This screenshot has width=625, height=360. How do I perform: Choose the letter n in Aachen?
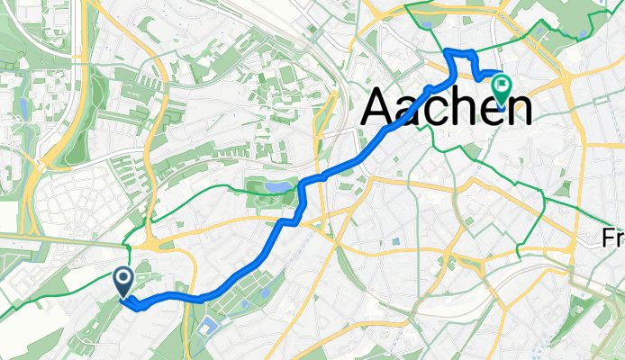tap(516, 112)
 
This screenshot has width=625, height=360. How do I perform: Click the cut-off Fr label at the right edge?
tap(614, 238)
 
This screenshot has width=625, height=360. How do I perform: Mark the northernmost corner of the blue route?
tap(448, 49)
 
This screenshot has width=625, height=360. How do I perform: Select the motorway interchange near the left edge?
tap(41, 164)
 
